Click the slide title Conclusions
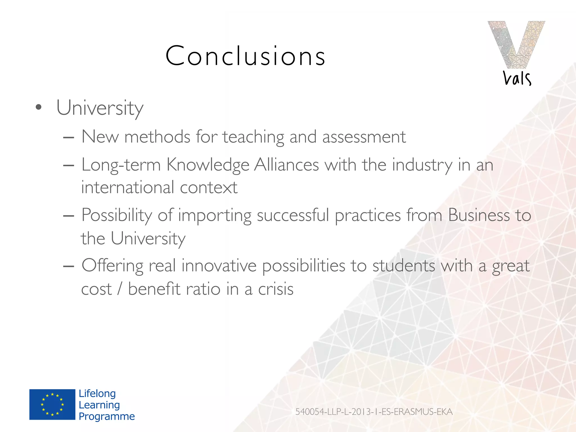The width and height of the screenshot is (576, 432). coord(245,56)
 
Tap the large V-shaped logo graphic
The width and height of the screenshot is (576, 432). coord(516,44)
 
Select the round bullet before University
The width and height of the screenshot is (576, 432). coord(39,107)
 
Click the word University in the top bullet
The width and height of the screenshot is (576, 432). coord(100,108)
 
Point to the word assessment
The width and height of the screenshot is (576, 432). coord(364,137)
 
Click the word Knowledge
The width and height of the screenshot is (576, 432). coord(208,165)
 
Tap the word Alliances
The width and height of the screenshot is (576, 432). coord(286,165)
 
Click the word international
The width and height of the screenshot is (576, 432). coord(128,187)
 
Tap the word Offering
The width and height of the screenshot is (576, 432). coord(112,266)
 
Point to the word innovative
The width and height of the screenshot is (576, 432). coord(219,265)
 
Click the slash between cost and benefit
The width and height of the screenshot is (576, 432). coord(120,289)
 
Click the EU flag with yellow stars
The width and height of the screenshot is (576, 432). coord(52,404)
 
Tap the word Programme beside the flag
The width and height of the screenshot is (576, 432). coord(107,417)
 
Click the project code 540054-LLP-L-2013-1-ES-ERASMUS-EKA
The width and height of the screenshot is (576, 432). coord(374,412)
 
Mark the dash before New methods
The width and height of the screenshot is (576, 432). coord(69,138)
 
